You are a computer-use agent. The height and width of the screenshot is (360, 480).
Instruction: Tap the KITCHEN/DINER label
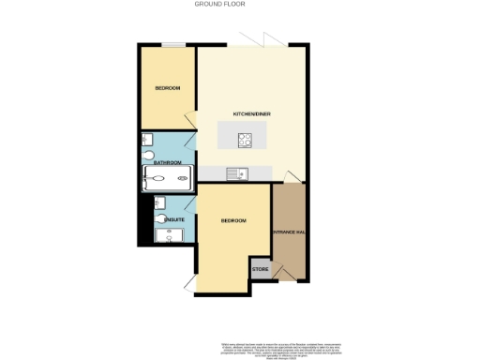click(x=252, y=114)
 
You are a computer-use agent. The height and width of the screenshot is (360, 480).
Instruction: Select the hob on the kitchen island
click(x=246, y=140)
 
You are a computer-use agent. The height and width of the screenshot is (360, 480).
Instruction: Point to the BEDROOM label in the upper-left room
click(x=168, y=88)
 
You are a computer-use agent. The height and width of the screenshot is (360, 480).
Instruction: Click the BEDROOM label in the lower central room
click(x=232, y=220)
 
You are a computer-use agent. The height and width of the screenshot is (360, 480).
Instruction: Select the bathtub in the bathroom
click(x=169, y=178)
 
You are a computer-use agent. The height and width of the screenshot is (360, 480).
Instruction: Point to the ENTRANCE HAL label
click(x=289, y=231)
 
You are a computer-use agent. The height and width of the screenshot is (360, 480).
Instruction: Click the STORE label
click(x=261, y=270)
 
